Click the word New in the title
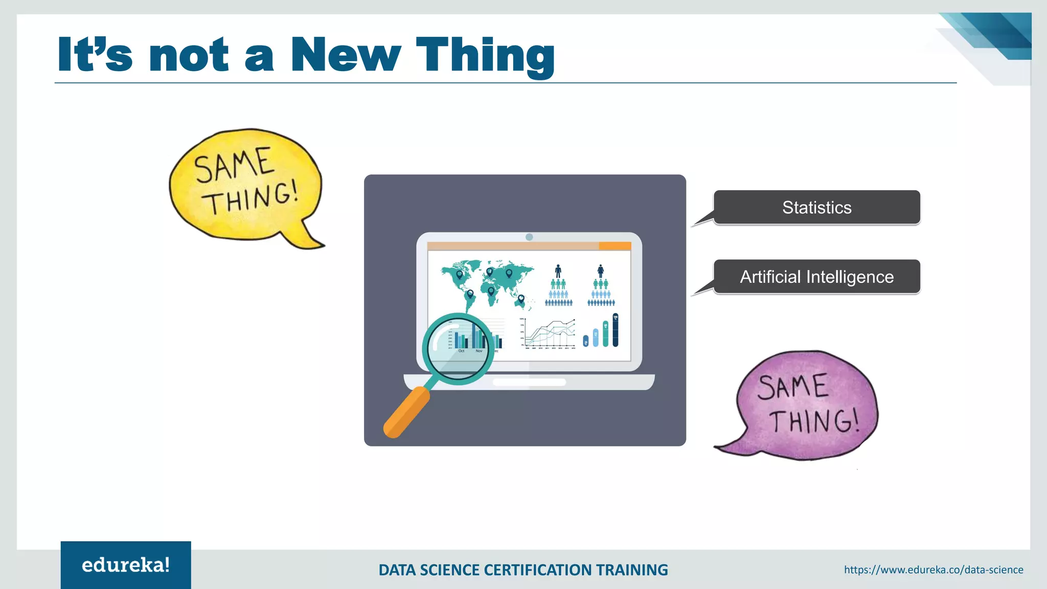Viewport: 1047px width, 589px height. [346, 55]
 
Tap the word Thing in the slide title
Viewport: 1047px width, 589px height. [485, 56]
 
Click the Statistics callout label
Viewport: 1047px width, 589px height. [816, 208]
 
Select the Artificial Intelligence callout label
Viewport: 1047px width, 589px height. [816, 277]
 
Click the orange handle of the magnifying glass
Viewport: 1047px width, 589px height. [406, 412]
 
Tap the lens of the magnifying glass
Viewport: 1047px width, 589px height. [458, 348]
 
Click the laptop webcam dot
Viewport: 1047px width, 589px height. [529, 237]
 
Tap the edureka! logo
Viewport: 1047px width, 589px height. [126, 565]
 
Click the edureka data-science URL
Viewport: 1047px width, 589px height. [934, 570]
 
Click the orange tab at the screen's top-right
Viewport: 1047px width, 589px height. [614, 246]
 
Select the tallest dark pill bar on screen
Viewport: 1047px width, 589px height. [615, 330]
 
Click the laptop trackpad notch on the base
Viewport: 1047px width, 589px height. [529, 382]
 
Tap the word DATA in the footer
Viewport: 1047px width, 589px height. [397, 570]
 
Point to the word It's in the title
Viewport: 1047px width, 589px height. [95, 55]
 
